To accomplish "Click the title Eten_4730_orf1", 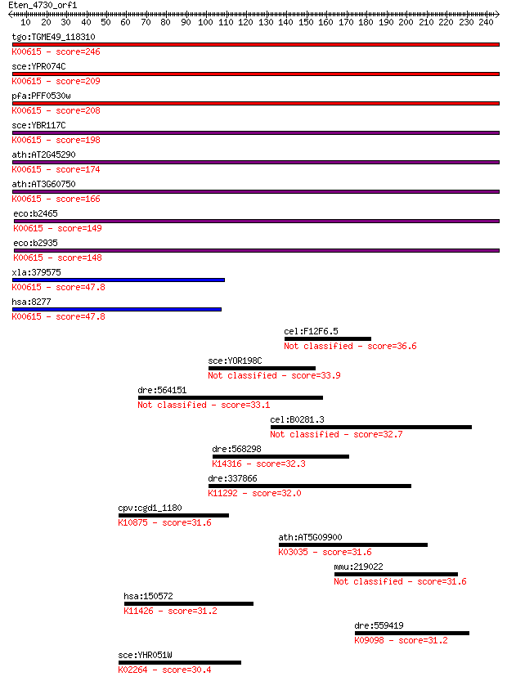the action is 43,5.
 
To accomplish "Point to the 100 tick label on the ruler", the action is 205,22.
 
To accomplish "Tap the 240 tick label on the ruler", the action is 486,22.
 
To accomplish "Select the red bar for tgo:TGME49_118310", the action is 255,44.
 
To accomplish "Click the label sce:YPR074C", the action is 38,66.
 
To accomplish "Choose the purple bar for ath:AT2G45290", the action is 255,162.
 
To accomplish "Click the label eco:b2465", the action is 36,213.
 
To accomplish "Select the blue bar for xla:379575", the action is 119,280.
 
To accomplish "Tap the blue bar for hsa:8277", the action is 117,309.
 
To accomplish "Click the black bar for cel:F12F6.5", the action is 328,338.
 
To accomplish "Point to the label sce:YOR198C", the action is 235,361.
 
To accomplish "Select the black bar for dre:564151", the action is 231,398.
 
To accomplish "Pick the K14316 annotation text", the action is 227,464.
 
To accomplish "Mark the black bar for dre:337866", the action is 310,486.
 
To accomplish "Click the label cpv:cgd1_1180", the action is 150,509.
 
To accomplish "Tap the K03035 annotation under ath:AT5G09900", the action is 294,552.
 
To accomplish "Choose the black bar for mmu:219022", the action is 396,574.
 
